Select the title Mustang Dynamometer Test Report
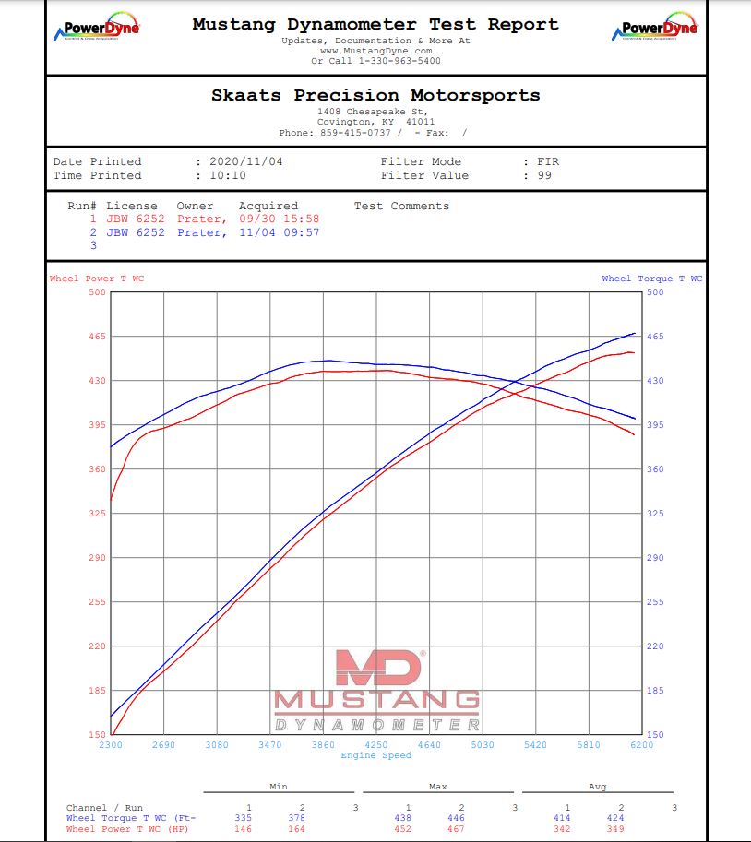click(375, 25)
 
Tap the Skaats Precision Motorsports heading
click(375, 96)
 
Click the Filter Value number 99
click(544, 175)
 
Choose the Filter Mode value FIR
click(548, 161)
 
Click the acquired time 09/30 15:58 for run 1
click(279, 219)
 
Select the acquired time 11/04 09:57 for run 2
click(279, 232)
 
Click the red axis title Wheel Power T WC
click(97, 279)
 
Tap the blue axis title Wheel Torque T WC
click(651, 279)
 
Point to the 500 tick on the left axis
click(98, 292)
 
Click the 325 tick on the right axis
click(655, 514)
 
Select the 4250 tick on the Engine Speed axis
click(376, 745)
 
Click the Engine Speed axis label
click(375, 755)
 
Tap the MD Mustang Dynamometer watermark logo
click(376, 692)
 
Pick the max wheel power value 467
click(460, 829)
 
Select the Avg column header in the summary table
click(597, 787)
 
